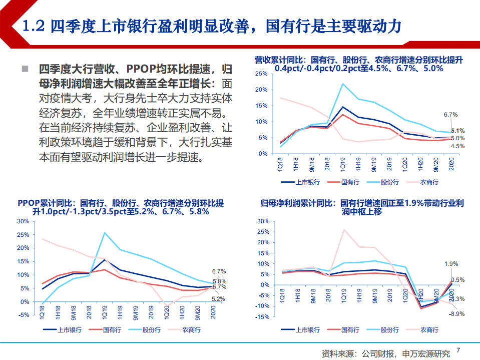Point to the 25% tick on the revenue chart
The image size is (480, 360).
[261, 74]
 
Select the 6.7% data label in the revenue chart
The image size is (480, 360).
[450, 115]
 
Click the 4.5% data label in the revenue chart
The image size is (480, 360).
[457, 146]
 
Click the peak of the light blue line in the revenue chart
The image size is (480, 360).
[342, 84]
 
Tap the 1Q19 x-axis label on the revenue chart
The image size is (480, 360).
[343, 163]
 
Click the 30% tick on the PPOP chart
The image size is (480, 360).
[23, 221]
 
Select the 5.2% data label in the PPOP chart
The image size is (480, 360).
[218, 299]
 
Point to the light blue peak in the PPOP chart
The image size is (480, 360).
[105, 232]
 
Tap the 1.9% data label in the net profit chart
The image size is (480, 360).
[451, 263]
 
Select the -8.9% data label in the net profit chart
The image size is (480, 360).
[457, 314]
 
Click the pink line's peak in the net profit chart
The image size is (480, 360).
[344, 230]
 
